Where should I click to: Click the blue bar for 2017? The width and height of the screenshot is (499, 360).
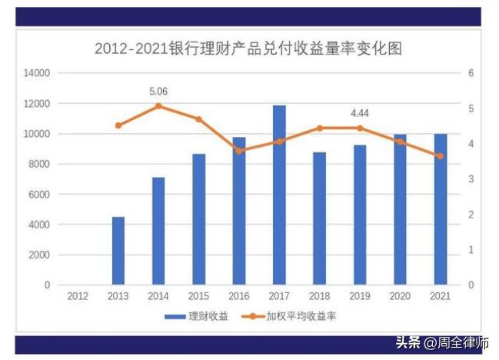[279, 195]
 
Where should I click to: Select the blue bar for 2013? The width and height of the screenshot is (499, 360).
[118, 251]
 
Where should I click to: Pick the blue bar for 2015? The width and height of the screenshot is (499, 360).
[198, 219]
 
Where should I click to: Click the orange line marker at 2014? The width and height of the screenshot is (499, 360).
[158, 106]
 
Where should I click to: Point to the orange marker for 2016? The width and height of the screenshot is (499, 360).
[239, 151]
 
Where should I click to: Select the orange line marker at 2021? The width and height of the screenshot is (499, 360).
[440, 156]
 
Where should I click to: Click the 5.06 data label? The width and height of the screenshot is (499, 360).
[158, 92]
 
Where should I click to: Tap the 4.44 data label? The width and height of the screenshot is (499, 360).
[359, 113]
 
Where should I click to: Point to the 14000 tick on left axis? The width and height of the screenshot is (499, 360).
[37, 73]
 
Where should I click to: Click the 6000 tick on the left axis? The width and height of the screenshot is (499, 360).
[39, 195]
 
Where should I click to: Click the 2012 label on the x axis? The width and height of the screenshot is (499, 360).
[78, 295]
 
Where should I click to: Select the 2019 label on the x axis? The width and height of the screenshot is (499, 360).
[359, 295]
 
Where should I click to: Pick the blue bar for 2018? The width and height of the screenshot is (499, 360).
[319, 218]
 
